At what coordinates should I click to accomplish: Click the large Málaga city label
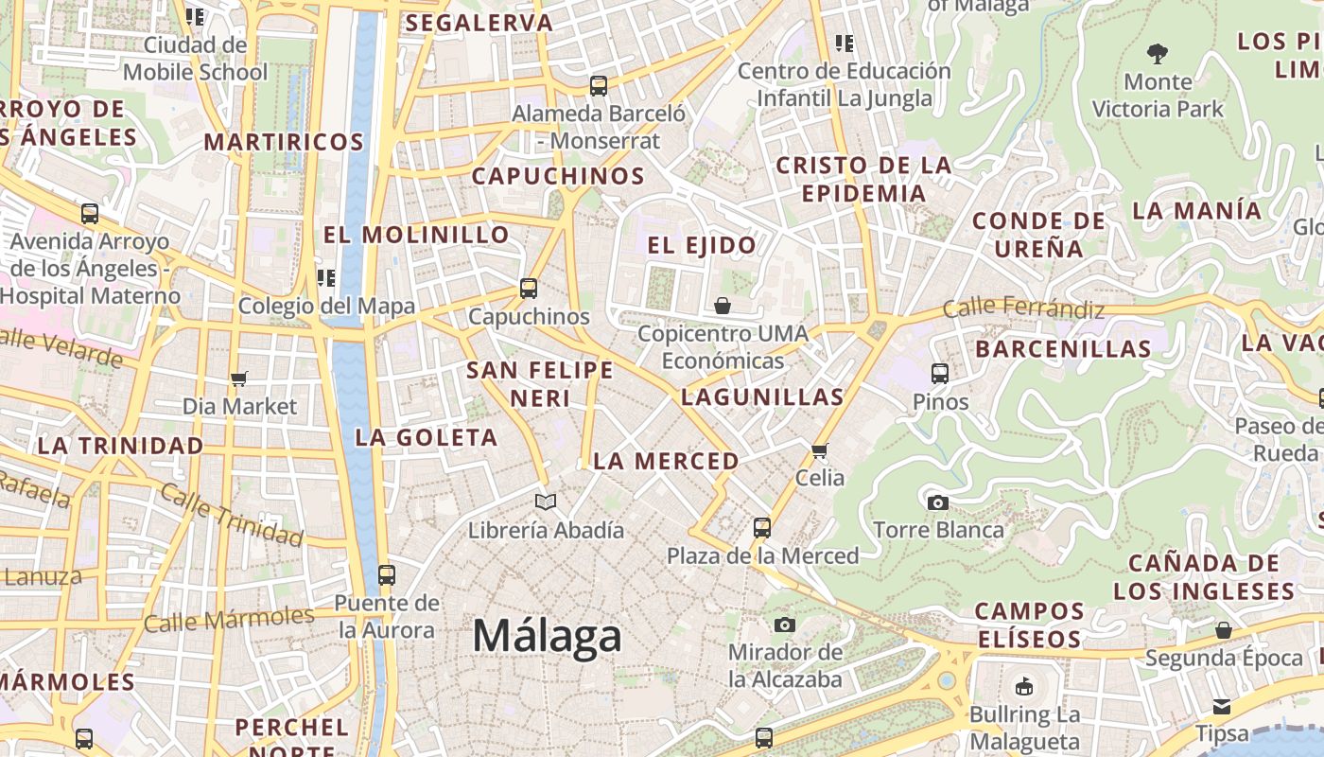(547, 636)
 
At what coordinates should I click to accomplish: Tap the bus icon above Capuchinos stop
(529, 289)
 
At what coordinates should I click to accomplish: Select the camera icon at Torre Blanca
(938, 502)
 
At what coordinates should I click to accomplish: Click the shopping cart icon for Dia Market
(239, 378)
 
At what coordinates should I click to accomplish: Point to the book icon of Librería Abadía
(546, 502)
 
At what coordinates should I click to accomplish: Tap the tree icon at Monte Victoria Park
(1157, 53)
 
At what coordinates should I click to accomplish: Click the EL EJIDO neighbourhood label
(702, 246)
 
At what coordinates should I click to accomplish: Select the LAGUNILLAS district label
(762, 397)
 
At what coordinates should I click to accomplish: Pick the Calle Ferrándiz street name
(1023, 308)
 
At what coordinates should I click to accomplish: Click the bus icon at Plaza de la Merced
(762, 528)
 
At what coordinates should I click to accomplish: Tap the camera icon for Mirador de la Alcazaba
(785, 625)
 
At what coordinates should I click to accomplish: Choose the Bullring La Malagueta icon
(1023, 687)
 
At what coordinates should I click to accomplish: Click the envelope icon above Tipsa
(1222, 706)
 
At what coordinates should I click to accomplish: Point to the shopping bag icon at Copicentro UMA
(723, 306)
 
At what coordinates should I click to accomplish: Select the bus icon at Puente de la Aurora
(386, 574)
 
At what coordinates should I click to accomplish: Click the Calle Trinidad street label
(231, 515)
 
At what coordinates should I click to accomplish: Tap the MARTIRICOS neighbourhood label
(284, 143)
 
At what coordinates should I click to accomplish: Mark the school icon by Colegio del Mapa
(326, 278)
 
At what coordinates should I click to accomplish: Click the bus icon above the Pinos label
(940, 374)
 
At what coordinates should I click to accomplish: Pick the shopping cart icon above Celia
(820, 450)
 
